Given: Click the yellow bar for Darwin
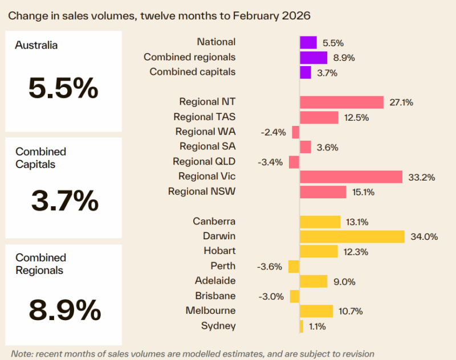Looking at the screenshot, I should [352, 236].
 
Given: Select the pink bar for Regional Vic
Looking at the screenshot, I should [351, 177].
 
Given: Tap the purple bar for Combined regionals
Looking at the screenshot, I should [313, 58].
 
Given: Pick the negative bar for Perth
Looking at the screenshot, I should [294, 266].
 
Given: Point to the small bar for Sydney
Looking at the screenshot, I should [302, 326].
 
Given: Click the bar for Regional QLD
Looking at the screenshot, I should [294, 162].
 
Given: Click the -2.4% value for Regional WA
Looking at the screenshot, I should [272, 132].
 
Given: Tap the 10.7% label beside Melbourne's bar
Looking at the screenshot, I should [351, 311].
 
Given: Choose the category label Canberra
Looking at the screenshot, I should [214, 221].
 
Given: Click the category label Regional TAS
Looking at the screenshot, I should [204, 117].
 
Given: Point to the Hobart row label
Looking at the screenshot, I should [219, 251].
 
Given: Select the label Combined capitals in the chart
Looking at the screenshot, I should [192, 72].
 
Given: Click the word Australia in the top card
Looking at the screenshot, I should [36, 46].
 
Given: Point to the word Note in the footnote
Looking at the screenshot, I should [21, 354].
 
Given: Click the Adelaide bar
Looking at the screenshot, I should [313, 281].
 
